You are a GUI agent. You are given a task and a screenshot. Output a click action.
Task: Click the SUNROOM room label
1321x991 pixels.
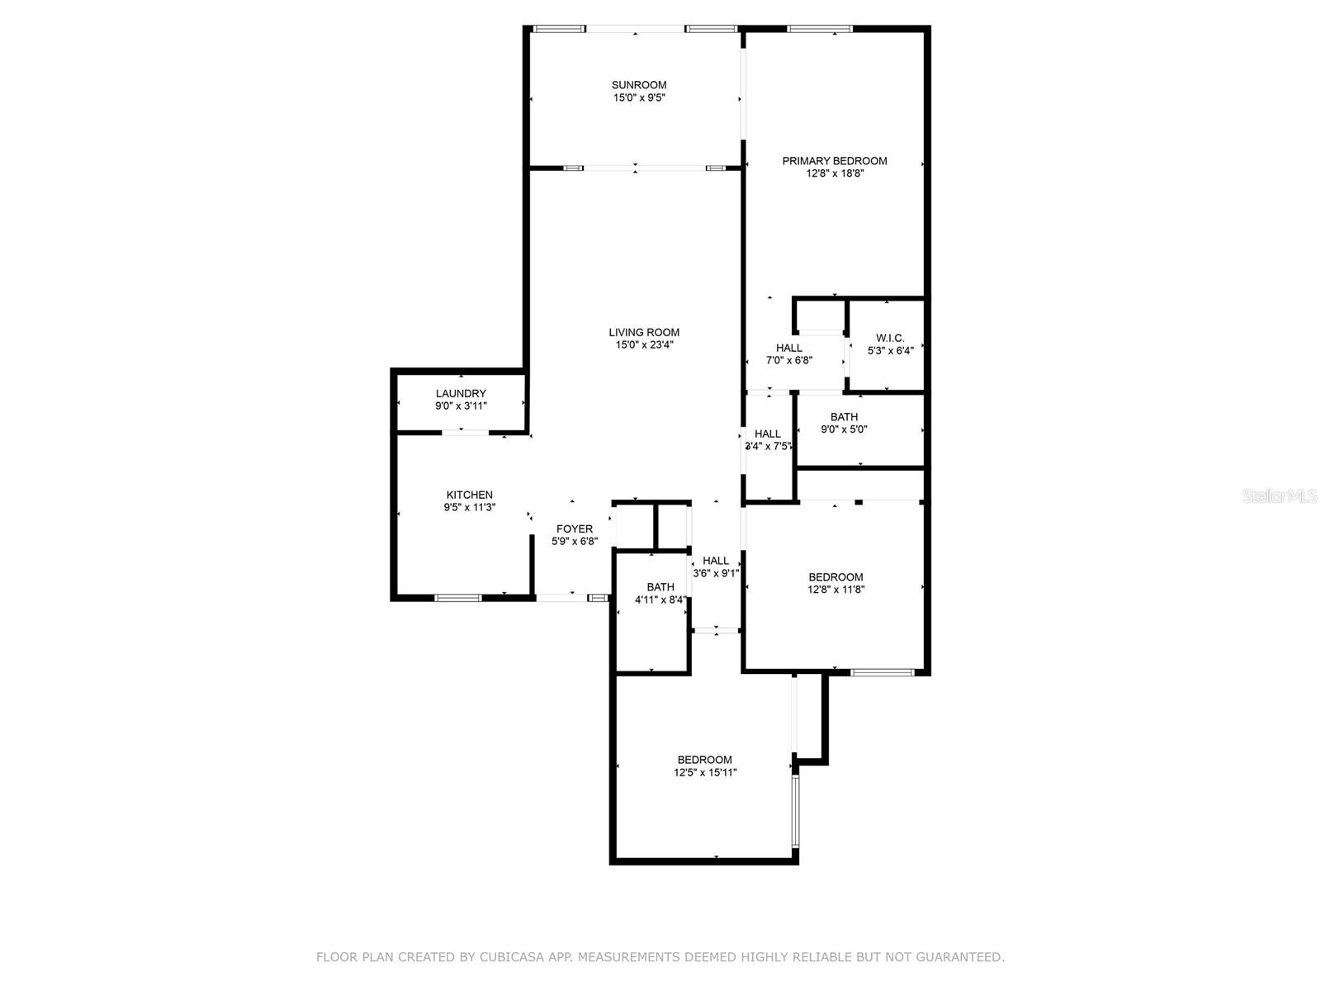pos(638,85)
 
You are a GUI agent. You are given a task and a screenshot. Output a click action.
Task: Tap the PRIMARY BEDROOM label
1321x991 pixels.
pos(834,161)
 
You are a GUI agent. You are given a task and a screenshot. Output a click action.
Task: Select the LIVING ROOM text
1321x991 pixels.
pos(643,332)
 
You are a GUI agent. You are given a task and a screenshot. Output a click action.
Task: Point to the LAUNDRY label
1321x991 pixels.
pos(461,394)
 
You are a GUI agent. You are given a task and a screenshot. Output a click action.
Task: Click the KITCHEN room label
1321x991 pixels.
pos(470,495)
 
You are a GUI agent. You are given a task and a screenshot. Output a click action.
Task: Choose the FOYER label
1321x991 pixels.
pos(574,529)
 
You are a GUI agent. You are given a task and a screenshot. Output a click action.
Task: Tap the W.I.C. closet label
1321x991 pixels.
pos(890,338)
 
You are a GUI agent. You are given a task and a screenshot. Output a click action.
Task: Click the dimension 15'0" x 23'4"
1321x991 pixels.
pos(643,344)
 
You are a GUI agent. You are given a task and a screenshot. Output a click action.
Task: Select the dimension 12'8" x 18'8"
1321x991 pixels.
pos(835,173)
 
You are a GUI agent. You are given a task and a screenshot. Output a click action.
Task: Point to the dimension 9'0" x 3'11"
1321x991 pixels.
pos(461,406)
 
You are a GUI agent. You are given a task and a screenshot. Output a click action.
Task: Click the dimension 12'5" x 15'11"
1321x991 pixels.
pos(705,773)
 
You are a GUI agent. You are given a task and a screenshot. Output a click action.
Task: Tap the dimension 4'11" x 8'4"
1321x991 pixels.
pos(660,600)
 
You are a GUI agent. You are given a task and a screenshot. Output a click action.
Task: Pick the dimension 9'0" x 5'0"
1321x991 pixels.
pos(844,429)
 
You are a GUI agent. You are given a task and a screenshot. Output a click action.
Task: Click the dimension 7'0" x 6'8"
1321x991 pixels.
pos(788,360)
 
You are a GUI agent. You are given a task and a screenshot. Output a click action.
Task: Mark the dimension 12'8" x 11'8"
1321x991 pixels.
pos(836,590)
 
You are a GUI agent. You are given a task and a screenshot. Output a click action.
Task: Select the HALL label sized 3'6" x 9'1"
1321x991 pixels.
pos(716,561)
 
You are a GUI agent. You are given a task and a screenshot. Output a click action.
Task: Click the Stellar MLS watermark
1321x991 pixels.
pos(1280,496)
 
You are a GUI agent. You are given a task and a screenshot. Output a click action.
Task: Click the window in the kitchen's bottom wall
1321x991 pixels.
pos(458,597)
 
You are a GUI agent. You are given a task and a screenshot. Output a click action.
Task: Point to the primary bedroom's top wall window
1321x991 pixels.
pos(819,28)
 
